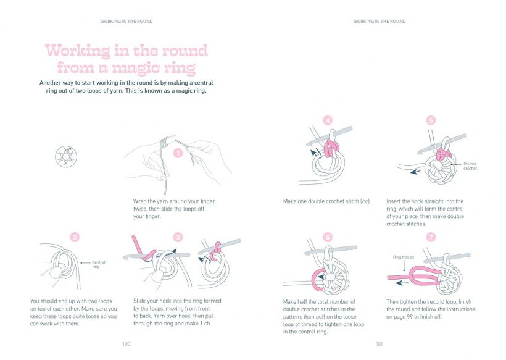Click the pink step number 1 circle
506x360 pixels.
pos(178,153)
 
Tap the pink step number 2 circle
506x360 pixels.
pos(75,237)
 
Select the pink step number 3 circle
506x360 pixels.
pos(178,237)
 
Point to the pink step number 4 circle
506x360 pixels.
pos(328,120)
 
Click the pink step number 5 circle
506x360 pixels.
pos(431,120)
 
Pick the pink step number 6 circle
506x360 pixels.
pos(328,237)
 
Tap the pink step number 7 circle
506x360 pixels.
pos(431,237)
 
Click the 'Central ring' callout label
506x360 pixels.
pos(99,264)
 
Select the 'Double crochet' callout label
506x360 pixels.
pos(470,166)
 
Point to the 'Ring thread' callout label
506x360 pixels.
pos(403,257)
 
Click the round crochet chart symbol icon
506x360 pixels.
pos(66,157)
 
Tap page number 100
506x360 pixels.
pos(126,344)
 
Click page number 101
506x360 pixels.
pos(379,344)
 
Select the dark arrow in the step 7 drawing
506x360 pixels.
pos(402,283)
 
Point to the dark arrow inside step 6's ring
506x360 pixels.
pos(321,277)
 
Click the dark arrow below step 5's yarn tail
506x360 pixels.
pos(415,172)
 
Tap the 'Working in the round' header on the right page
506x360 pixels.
pos(379,22)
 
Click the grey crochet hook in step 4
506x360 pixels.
pos(329,136)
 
